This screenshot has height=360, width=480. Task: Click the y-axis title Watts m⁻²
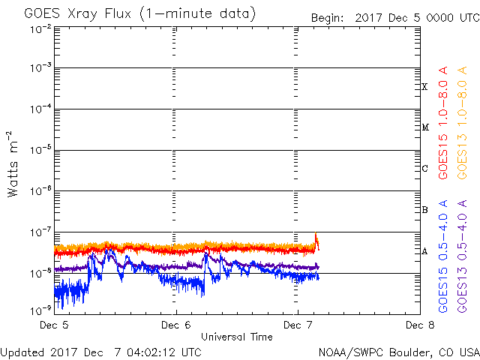point(13,164)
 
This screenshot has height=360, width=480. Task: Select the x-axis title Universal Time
point(237,337)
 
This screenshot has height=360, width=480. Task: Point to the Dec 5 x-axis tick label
point(55,325)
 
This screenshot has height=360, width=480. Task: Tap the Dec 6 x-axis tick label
point(176,325)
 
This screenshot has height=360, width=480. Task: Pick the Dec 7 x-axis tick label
point(298,325)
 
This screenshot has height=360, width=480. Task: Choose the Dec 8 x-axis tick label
point(419,325)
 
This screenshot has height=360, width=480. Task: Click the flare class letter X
point(424,87)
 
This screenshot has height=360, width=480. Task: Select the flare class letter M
point(424,127)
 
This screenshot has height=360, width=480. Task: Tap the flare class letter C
point(424,168)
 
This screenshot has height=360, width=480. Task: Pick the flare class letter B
point(424,210)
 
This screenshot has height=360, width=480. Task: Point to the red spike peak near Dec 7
point(316,233)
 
